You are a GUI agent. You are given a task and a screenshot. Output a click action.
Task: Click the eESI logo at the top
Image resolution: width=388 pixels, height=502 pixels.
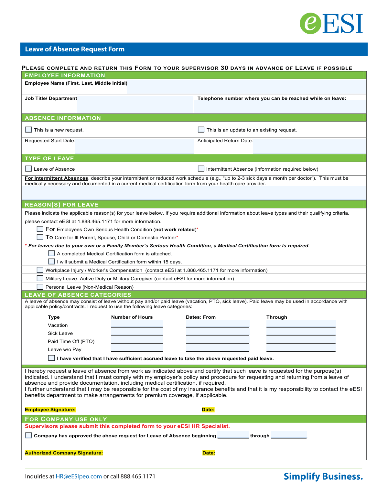(331, 23)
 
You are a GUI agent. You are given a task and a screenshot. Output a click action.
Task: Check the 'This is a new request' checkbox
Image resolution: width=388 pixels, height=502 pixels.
(28, 130)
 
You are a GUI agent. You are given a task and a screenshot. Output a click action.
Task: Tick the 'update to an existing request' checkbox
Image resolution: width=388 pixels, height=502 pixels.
(201, 130)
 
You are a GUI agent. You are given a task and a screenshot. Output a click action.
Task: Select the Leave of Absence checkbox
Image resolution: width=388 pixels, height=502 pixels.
(28, 169)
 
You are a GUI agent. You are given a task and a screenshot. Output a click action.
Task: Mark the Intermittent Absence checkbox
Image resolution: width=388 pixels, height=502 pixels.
(201, 169)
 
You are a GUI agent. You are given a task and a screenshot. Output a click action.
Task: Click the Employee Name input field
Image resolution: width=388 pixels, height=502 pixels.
(246, 87)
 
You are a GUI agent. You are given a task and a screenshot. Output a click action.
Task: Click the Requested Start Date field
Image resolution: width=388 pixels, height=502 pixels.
(134, 146)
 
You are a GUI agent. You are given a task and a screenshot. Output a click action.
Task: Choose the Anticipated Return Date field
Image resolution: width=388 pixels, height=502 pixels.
(309, 146)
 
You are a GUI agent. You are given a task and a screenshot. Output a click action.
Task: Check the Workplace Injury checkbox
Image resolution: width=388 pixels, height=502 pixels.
(40, 270)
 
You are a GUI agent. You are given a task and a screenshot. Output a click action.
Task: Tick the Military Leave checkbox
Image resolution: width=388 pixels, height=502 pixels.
(40, 278)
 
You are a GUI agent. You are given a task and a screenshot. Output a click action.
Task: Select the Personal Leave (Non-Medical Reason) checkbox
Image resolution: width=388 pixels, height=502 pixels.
(40, 287)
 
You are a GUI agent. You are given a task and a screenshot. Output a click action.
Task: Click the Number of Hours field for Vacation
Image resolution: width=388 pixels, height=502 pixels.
(137, 324)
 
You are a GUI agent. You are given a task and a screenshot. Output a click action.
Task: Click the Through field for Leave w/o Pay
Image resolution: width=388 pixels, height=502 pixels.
(301, 348)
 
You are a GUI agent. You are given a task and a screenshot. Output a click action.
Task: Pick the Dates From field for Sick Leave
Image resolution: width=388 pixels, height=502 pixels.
(217, 332)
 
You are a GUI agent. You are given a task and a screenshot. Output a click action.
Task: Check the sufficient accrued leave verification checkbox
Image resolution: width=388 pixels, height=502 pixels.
(51, 358)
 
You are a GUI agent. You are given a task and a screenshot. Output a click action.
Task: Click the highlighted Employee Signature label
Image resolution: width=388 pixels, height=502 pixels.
(50, 410)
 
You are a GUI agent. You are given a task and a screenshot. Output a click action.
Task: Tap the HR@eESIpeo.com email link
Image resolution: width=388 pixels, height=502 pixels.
(79, 476)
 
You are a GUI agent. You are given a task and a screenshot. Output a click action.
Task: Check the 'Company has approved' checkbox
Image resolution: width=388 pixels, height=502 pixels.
(28, 435)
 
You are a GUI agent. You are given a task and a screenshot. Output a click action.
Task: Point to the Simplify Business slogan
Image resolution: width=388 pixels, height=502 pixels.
(323, 476)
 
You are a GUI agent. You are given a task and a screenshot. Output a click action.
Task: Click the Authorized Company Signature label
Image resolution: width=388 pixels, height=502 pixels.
(64, 453)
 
